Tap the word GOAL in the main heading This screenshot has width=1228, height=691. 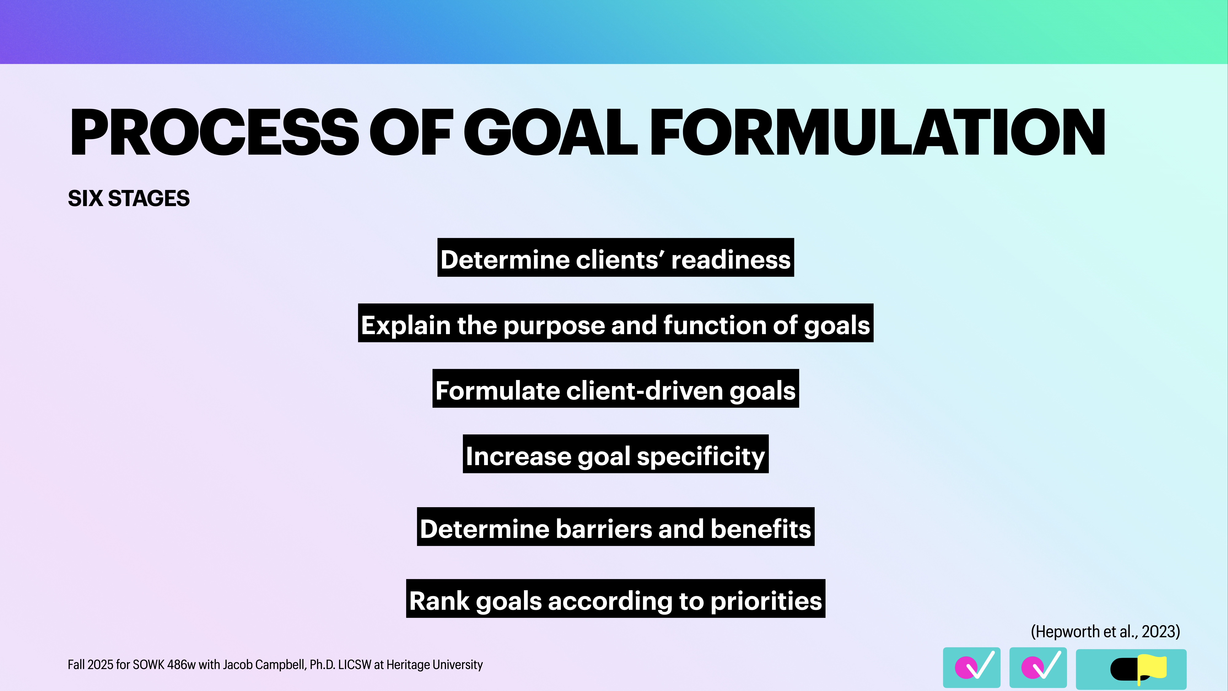(x=551, y=133)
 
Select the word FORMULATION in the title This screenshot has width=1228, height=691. (x=877, y=133)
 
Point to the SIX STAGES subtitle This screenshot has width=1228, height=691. (x=129, y=198)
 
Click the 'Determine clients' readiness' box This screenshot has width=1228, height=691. (x=615, y=258)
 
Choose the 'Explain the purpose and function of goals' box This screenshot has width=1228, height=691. (x=615, y=323)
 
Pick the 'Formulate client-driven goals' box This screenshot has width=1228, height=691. (x=615, y=389)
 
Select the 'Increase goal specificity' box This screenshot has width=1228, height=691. (x=615, y=454)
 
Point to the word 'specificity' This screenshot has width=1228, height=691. (x=701, y=456)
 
